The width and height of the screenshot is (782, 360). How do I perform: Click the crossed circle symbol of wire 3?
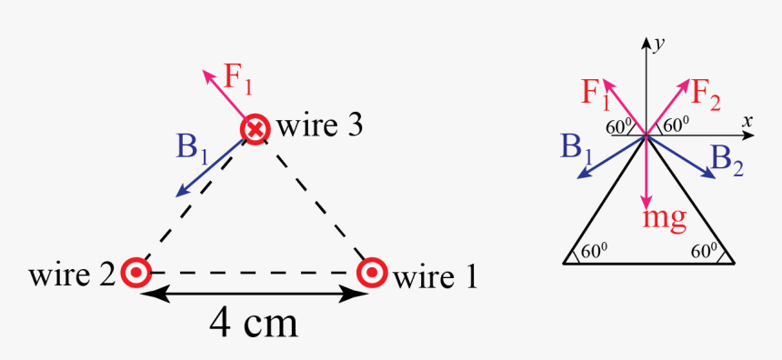tap(256, 131)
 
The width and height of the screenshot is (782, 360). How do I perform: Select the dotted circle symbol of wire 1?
tap(372, 272)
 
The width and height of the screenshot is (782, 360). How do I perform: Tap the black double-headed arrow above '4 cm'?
tap(254, 294)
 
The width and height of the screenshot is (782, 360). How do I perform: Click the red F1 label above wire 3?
tap(237, 79)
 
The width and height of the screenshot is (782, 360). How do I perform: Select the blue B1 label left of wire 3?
tap(193, 146)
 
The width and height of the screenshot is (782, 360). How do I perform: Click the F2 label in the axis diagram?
tap(706, 94)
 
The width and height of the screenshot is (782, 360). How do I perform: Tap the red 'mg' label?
tap(662, 218)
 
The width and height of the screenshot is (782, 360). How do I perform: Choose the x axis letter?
tap(747, 120)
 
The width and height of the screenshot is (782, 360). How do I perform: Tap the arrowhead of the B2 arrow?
tap(706, 171)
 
